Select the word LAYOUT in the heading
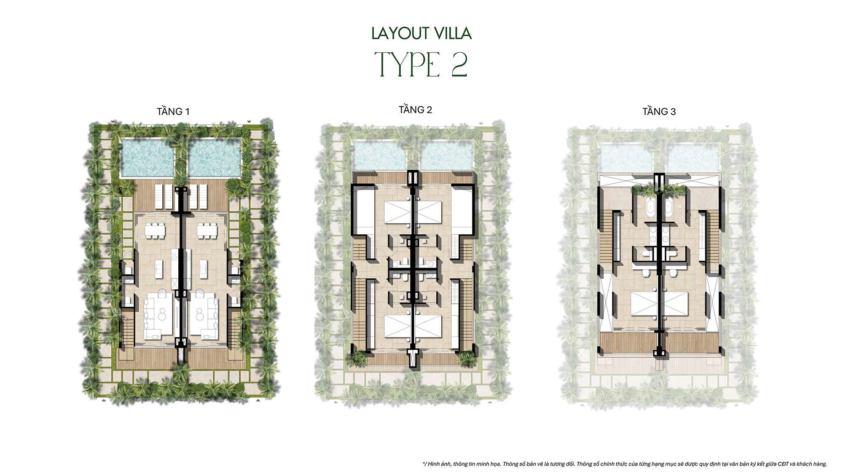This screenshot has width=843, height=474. point(400,34)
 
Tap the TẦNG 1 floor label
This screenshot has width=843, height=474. point(173,112)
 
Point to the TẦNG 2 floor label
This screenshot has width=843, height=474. point(415,110)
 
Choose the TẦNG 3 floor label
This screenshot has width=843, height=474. point(659,112)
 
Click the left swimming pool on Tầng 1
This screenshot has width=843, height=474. point(147,158)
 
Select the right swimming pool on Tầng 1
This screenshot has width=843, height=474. point(214,158)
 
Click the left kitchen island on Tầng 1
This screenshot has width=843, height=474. point(159,269)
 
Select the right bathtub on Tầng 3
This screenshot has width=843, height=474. point(668,210)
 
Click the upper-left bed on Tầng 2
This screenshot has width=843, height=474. point(397,214)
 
